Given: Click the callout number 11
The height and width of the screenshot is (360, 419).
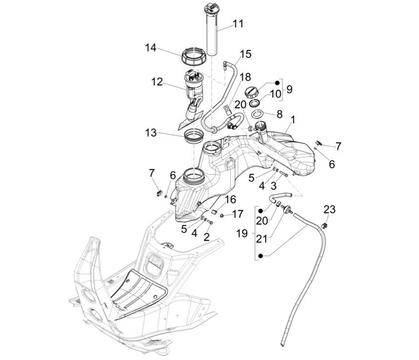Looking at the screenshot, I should [238, 24].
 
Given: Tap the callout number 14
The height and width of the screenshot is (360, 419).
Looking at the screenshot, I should [151, 48].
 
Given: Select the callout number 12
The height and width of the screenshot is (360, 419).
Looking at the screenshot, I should [157, 82].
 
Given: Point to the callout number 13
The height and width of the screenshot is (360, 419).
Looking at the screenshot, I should [151, 133].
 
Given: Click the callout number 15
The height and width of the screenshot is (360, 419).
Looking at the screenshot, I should [245, 54].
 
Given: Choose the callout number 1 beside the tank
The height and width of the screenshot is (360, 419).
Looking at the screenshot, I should [293, 119].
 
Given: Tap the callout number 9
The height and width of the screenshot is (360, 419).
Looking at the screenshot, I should [289, 89].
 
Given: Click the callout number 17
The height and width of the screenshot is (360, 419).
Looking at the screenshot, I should [237, 214].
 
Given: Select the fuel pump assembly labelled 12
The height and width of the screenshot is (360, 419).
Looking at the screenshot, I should [193, 87].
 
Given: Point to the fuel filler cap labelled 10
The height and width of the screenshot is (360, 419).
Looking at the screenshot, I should [252, 92].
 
